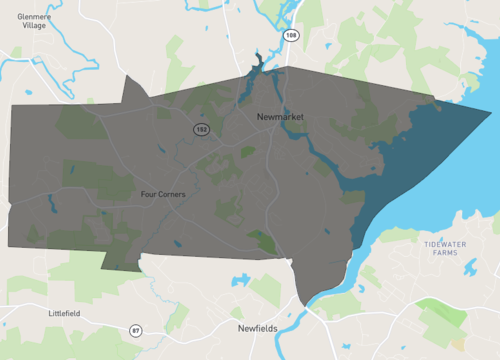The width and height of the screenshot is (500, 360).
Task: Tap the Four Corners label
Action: click(x=164, y=194)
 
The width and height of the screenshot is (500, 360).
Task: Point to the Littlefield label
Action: click(x=64, y=313)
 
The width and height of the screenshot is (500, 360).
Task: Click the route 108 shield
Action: click(x=291, y=35)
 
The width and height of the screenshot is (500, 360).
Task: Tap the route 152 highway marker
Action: click(x=200, y=130)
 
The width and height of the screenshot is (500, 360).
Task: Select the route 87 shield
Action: click(x=136, y=330)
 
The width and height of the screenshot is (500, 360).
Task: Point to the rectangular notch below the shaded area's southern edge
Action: click(x=121, y=260)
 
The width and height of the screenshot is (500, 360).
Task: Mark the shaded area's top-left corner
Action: click(x=11, y=104)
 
